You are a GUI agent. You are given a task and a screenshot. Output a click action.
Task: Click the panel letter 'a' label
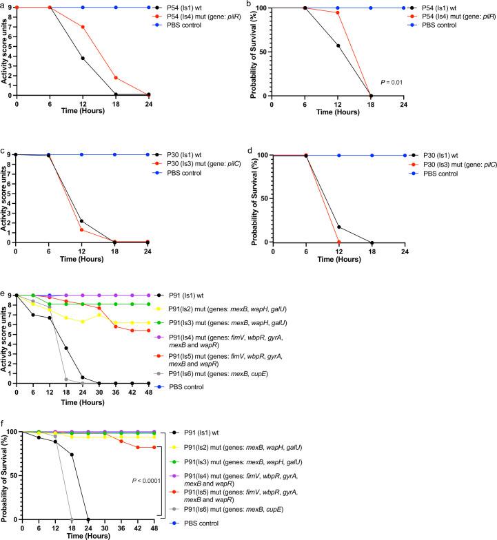(3, 5)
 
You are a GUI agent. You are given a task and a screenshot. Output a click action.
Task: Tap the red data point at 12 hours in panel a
(83, 27)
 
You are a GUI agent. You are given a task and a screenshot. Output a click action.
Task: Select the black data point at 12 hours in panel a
(83, 58)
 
